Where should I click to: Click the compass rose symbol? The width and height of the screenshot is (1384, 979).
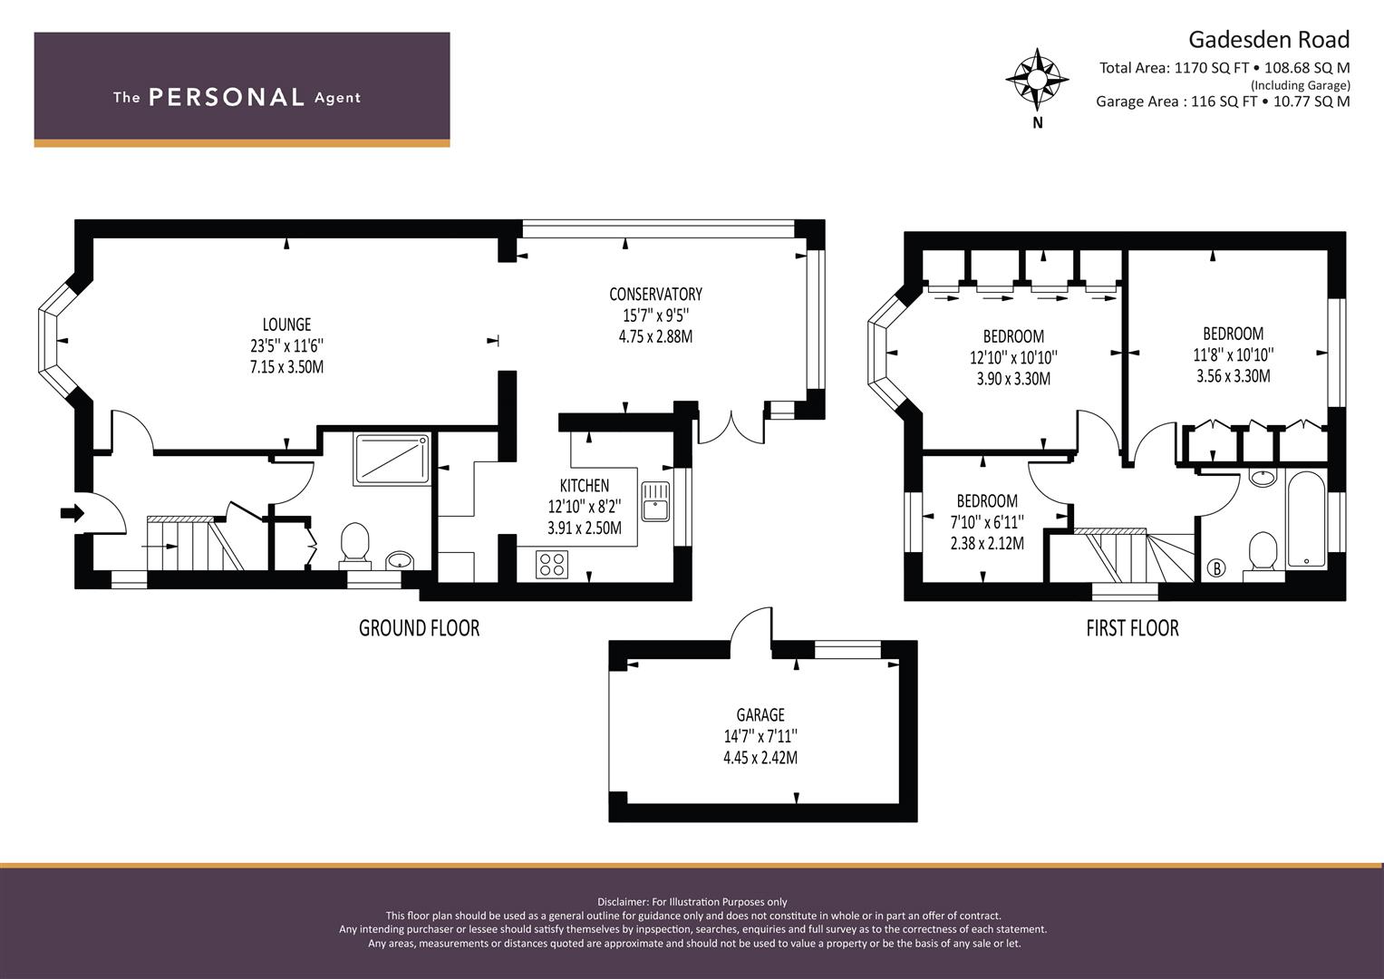click(1038, 79)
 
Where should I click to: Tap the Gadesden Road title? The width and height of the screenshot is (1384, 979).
click(1269, 40)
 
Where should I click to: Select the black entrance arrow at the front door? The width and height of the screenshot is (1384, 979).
click(73, 512)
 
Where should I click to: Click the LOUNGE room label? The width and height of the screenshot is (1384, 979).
click(286, 325)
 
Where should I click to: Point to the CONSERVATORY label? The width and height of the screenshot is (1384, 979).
click(655, 295)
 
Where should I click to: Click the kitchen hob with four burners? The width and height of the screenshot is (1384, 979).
click(552, 564)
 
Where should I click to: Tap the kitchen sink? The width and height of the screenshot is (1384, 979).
click(655, 501)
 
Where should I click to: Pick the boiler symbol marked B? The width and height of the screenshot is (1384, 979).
click(1216, 567)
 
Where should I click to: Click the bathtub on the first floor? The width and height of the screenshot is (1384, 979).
click(1306, 519)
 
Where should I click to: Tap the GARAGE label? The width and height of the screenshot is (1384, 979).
click(760, 715)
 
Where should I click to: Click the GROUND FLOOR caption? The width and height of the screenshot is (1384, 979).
click(419, 628)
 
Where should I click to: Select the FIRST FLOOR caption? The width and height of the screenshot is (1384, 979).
click(1133, 628)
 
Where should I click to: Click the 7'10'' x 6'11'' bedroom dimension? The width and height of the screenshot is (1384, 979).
click(987, 522)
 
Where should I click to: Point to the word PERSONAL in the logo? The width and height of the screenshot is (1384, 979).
click(227, 97)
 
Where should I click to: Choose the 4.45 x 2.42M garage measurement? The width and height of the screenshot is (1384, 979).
click(760, 758)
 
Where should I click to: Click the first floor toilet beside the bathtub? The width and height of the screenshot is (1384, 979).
click(1263, 555)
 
